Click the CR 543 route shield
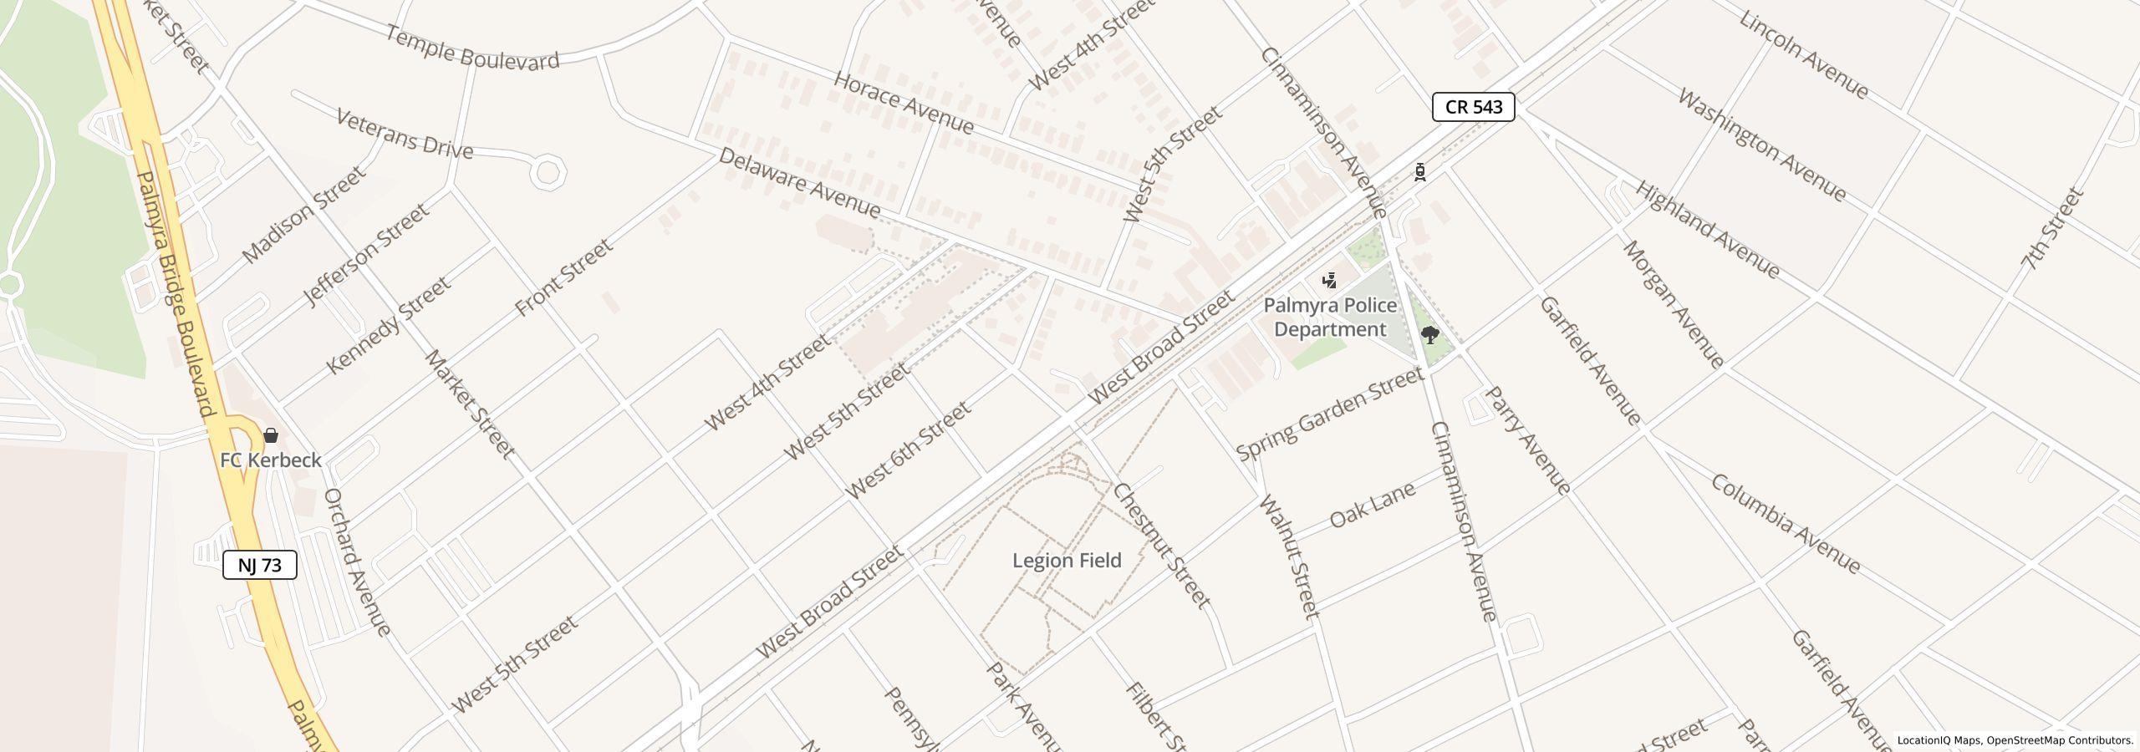tap(1473, 107)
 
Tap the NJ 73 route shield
tap(259, 566)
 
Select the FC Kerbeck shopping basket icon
tap(271, 435)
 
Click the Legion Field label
tap(1067, 561)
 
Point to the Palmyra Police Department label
tap(1329, 318)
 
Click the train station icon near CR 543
tap(1420, 172)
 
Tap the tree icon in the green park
tap(1430, 336)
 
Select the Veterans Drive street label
tap(405, 135)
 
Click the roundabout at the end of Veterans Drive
tap(548, 173)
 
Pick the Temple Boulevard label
tap(472, 48)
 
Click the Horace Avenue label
tap(904, 104)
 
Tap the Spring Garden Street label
tap(1329, 414)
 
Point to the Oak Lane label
tap(1372, 505)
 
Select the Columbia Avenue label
tap(1786, 525)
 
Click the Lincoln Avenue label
tap(1803, 55)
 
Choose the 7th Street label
tap(2051, 229)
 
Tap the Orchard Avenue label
tap(356, 561)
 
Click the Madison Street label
tap(303, 215)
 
